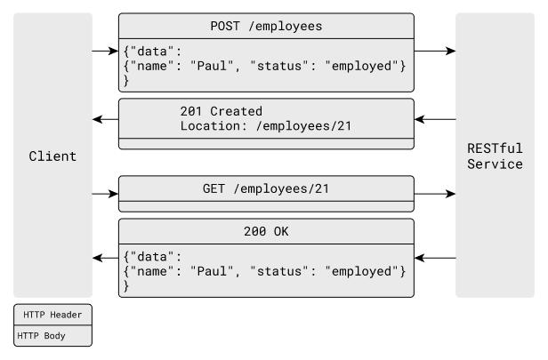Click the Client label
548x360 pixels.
click(x=52, y=156)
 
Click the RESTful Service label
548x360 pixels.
click(x=496, y=156)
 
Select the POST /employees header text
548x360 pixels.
click(x=266, y=26)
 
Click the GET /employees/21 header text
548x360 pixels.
click(x=266, y=188)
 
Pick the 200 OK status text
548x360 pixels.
click(x=266, y=232)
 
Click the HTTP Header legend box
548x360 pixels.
click(x=52, y=316)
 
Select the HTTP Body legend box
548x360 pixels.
click(x=52, y=335)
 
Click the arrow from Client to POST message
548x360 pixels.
click(x=105, y=51)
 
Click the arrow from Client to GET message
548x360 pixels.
click(x=105, y=191)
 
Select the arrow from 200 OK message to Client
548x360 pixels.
click(x=106, y=258)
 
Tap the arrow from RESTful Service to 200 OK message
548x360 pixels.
click(x=435, y=258)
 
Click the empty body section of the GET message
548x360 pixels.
click(x=266, y=205)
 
